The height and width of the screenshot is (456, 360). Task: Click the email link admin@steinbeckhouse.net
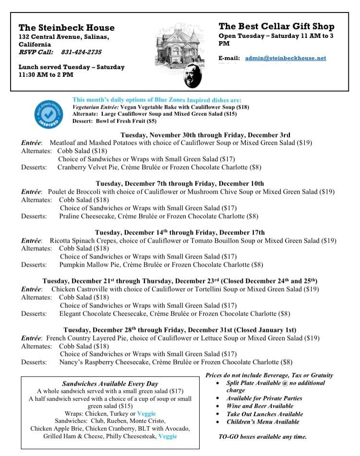(285, 58)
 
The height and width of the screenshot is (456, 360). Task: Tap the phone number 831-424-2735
(81, 52)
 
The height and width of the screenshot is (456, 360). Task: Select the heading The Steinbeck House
(67, 27)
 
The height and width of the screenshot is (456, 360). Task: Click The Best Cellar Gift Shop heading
(276, 26)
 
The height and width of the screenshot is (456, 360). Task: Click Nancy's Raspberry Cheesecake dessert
(104, 362)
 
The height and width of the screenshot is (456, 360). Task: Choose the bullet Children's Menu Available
(263, 422)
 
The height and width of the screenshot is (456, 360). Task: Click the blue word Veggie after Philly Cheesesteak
(168, 436)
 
